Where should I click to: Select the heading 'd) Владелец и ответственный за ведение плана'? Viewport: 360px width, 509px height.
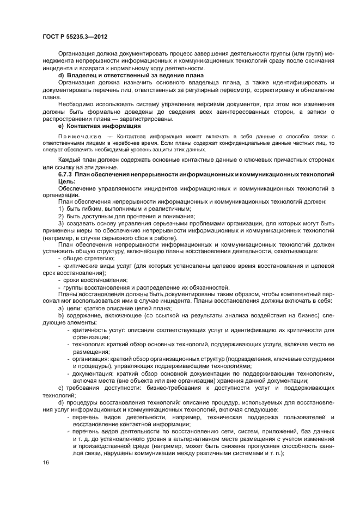pos(131,75)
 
